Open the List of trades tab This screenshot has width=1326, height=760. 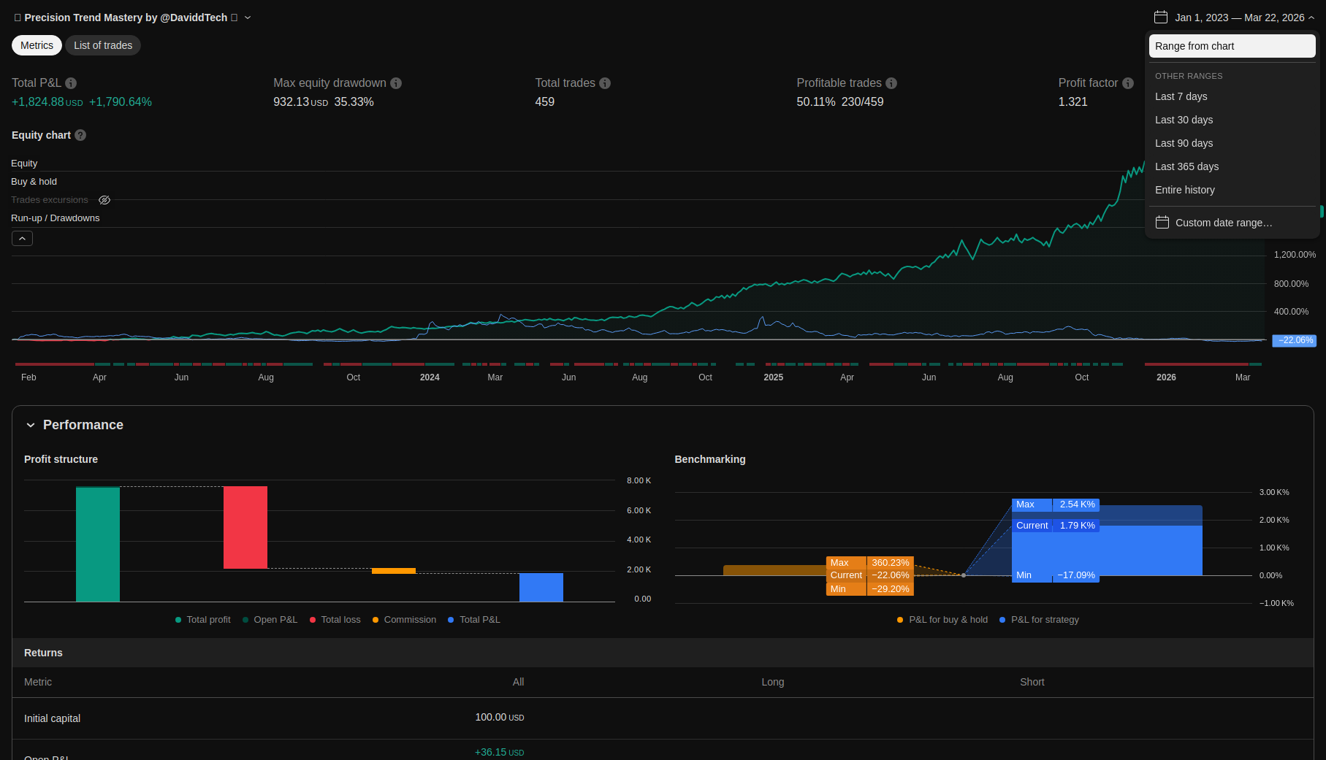pos(103,45)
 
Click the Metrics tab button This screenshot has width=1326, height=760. pos(37,45)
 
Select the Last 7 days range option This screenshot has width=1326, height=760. pos(1181,96)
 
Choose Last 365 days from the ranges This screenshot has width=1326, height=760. pos(1186,166)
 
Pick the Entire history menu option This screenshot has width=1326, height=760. pos(1184,190)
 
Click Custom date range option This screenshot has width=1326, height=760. pos(1223,223)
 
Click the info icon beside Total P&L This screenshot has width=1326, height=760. pos(71,83)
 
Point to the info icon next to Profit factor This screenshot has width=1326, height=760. pos(1128,83)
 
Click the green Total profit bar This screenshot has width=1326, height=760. pos(98,544)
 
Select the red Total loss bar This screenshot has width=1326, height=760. pos(245,527)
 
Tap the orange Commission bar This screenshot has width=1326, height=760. pos(394,571)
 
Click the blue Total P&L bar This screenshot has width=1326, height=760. pos(541,587)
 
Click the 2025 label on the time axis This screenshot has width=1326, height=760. pos(773,377)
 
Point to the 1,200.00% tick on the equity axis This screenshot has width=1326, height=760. pos(1295,255)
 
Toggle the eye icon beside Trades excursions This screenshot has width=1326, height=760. pos(104,200)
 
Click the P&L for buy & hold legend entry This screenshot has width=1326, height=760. pos(948,620)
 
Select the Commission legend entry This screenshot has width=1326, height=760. pos(409,620)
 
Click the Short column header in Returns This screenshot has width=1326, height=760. pos(1032,682)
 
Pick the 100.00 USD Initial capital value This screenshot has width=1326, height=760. pos(499,718)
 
